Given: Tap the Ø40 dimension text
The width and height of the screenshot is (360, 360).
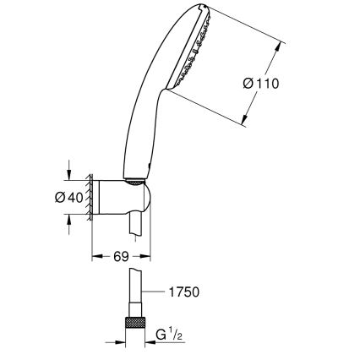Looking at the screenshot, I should click(49, 198).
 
